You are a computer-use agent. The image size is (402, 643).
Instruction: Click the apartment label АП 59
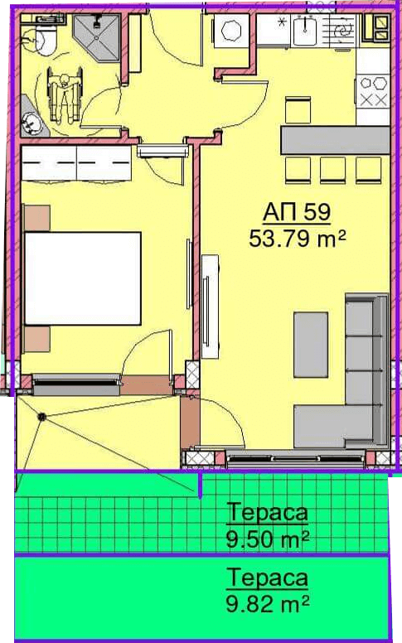coord(297,212)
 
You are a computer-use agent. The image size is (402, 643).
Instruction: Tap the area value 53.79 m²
coord(298,239)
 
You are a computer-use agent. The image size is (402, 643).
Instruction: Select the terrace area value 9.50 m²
coord(268,539)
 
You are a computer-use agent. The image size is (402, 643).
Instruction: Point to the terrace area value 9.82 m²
coord(268,603)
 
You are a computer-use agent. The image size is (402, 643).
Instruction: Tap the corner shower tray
coord(96,37)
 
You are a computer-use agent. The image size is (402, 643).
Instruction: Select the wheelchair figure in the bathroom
coord(64,95)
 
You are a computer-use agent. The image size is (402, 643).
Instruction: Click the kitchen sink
coord(305,30)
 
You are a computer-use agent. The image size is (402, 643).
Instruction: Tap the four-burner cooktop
coord(372,90)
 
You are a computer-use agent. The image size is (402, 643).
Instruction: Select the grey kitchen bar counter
coord(335,140)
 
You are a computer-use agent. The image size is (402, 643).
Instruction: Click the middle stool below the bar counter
coord(332,170)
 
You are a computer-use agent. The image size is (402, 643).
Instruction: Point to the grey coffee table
coord(311,345)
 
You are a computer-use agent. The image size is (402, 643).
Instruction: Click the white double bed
coord(83,278)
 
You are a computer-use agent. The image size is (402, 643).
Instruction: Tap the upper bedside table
coord(37,218)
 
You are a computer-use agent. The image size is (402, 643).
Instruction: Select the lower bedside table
coord(37,340)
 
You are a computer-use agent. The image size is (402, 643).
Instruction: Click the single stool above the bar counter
coord(298,110)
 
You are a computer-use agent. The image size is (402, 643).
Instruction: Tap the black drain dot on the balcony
coord(41,417)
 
